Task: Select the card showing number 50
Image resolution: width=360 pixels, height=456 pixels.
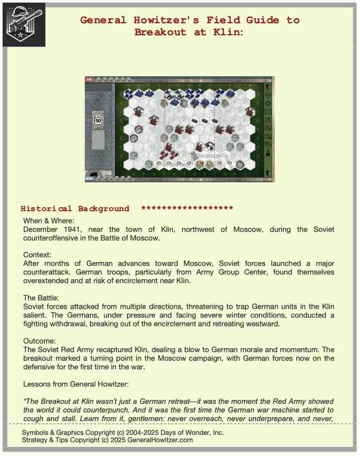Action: pyautogui.click(x=99, y=120)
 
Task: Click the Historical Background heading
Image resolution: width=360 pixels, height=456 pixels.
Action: pyautogui.click(x=75, y=209)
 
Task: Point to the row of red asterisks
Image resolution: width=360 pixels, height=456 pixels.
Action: pyautogui.click(x=187, y=209)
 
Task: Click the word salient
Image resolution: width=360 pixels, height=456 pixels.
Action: pyautogui.click(x=37, y=315)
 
